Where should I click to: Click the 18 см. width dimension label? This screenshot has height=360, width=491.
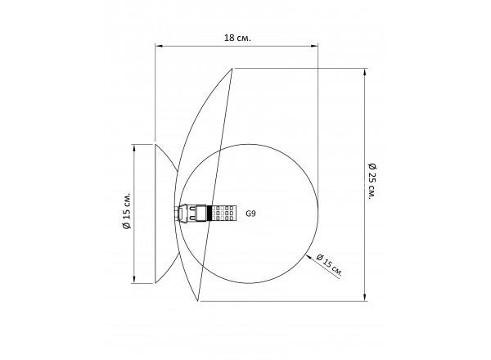[237, 38]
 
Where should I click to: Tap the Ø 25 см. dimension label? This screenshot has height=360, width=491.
[372, 181]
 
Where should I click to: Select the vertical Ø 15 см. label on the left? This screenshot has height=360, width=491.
[126, 210]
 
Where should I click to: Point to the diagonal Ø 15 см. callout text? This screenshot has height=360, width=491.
[329, 265]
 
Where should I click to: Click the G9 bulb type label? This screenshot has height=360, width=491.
[250, 214]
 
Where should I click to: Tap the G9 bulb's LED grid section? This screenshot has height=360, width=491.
[223, 213]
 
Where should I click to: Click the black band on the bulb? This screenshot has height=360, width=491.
[209, 213]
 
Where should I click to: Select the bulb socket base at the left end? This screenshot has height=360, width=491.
[181, 213]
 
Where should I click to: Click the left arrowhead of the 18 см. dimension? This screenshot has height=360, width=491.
[159, 47]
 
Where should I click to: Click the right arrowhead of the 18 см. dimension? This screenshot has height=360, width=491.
[314, 47]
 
